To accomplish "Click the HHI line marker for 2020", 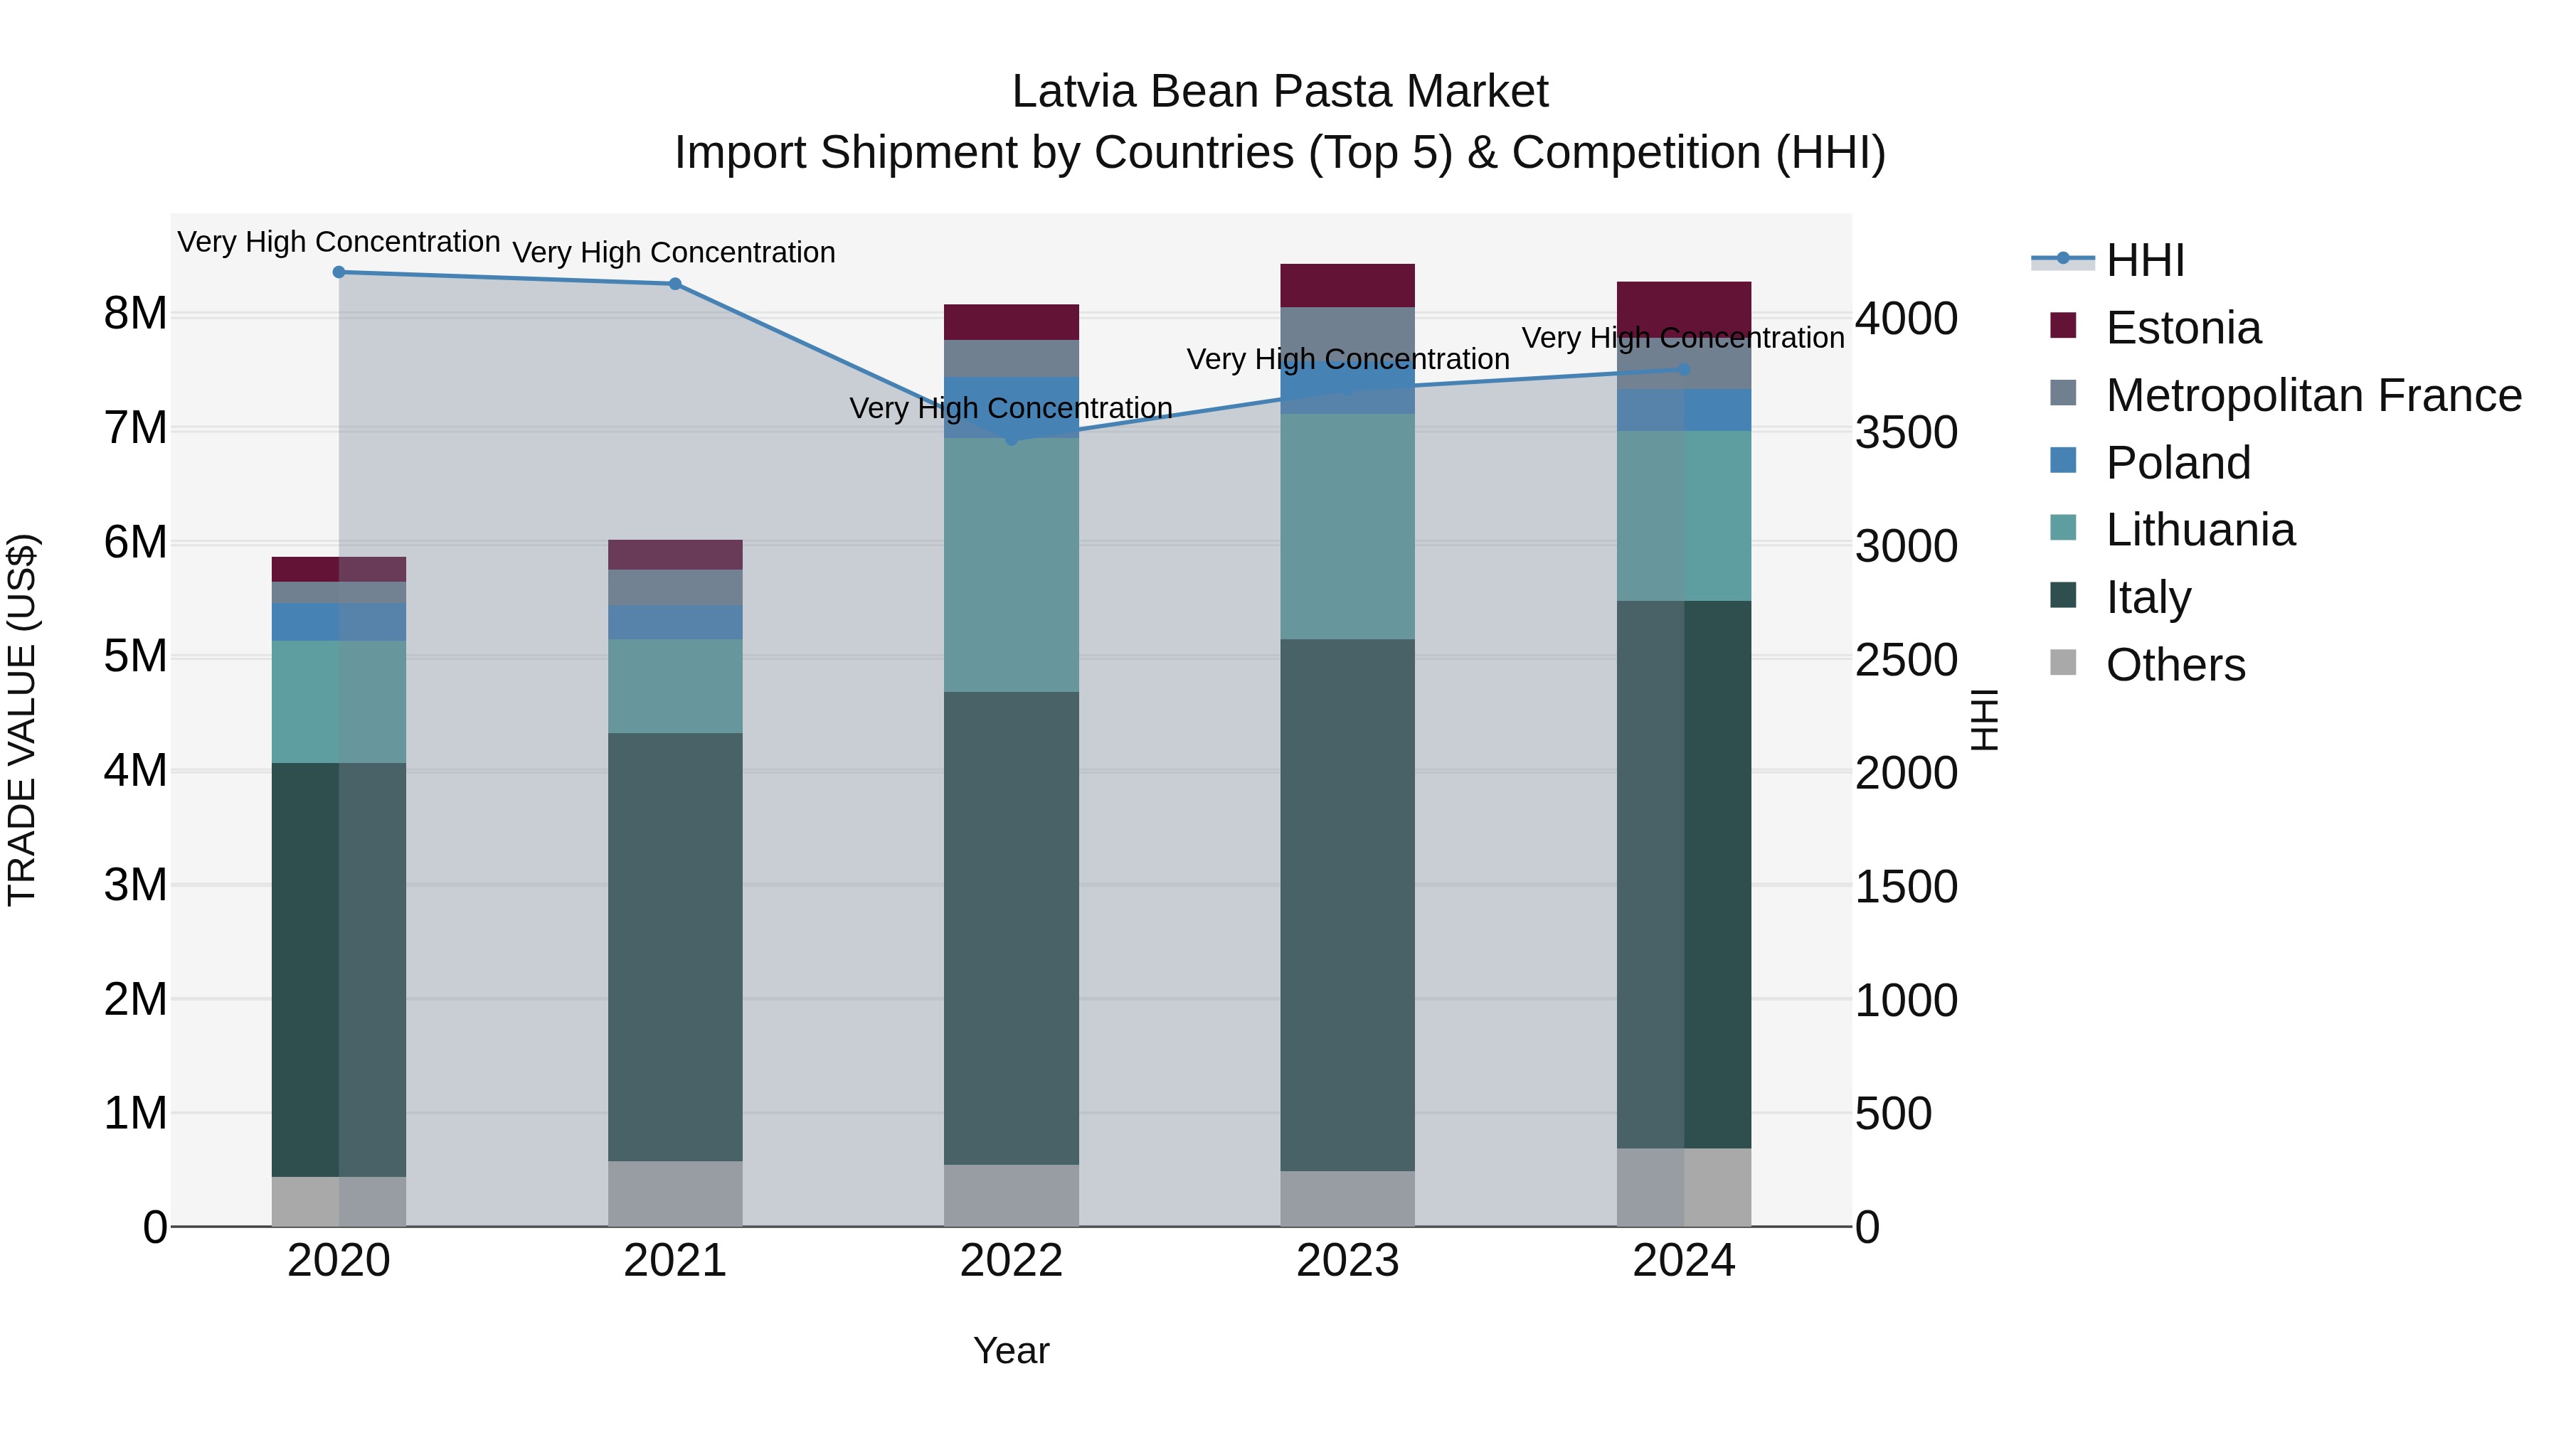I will point(339,272).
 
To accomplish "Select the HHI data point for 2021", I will point(675,283).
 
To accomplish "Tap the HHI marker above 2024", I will point(1684,368).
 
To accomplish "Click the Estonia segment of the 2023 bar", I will point(1347,285).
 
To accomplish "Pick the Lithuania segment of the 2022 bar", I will point(1011,565).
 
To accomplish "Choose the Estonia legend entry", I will point(2183,327).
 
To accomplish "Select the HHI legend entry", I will point(2144,260).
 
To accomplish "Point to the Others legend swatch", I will point(2063,663).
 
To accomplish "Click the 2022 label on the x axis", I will point(1011,1261).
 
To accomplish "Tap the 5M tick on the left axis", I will point(135,656).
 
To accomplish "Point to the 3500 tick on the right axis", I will point(1906,432).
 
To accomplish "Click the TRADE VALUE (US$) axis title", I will point(22,720).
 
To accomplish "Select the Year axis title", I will point(1011,1350).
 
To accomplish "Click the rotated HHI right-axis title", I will point(1984,720).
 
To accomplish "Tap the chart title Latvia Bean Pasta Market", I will point(1280,92).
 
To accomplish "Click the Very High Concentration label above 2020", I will point(339,242).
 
